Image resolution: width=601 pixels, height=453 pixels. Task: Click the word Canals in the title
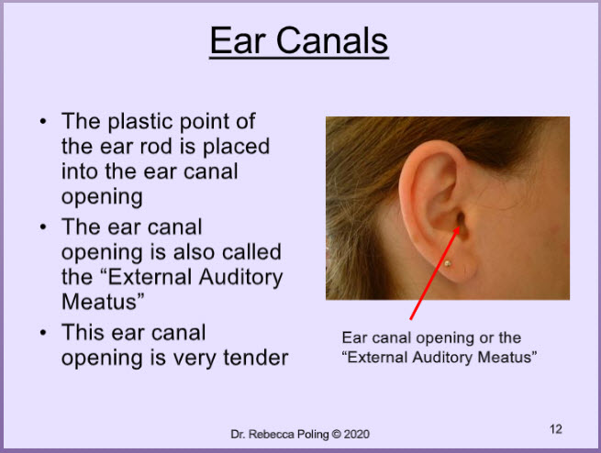(332, 40)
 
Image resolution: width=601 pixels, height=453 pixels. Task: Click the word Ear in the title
(238, 40)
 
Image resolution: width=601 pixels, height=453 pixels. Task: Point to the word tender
(256, 358)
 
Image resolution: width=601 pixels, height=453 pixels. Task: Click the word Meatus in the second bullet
(99, 302)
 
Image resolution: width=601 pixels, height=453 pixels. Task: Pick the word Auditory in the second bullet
(241, 278)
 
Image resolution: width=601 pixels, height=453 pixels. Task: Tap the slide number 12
(556, 429)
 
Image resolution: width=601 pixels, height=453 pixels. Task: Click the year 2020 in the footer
(356, 435)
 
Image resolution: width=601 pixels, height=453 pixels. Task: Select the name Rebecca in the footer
(266, 435)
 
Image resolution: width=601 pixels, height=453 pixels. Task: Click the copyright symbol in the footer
(336, 435)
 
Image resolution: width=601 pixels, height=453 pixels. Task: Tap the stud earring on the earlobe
(447, 263)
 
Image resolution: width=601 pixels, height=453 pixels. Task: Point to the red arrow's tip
(459, 226)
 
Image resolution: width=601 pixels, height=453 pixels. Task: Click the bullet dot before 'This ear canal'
(43, 332)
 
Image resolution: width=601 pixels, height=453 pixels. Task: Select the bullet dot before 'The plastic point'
(43, 121)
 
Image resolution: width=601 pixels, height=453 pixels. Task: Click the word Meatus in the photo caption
(505, 358)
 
